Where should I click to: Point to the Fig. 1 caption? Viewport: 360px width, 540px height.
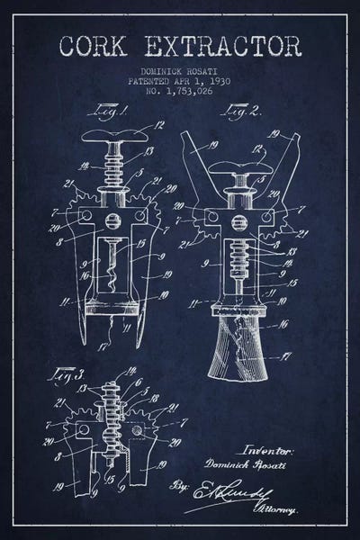coord(106,113)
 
